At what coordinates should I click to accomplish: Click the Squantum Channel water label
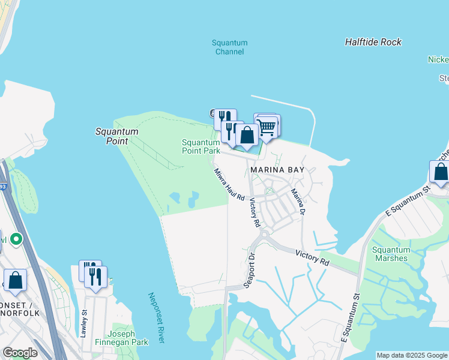(x=230, y=47)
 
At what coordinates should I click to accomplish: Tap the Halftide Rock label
(x=373, y=42)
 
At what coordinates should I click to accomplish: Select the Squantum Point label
(x=117, y=136)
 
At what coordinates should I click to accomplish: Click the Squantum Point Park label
(x=201, y=146)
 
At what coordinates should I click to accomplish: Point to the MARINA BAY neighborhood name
(x=278, y=170)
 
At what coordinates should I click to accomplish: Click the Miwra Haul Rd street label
(x=229, y=184)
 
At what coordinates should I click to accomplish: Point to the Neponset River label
(x=156, y=318)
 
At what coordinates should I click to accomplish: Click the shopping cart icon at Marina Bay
(x=266, y=127)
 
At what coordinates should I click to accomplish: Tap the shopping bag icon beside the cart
(x=247, y=135)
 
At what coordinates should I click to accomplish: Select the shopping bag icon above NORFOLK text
(x=15, y=280)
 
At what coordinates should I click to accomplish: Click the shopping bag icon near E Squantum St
(x=441, y=172)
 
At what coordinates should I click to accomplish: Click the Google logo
(x=20, y=353)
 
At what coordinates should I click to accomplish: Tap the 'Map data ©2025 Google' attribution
(x=412, y=355)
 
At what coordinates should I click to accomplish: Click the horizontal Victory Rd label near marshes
(x=312, y=258)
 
